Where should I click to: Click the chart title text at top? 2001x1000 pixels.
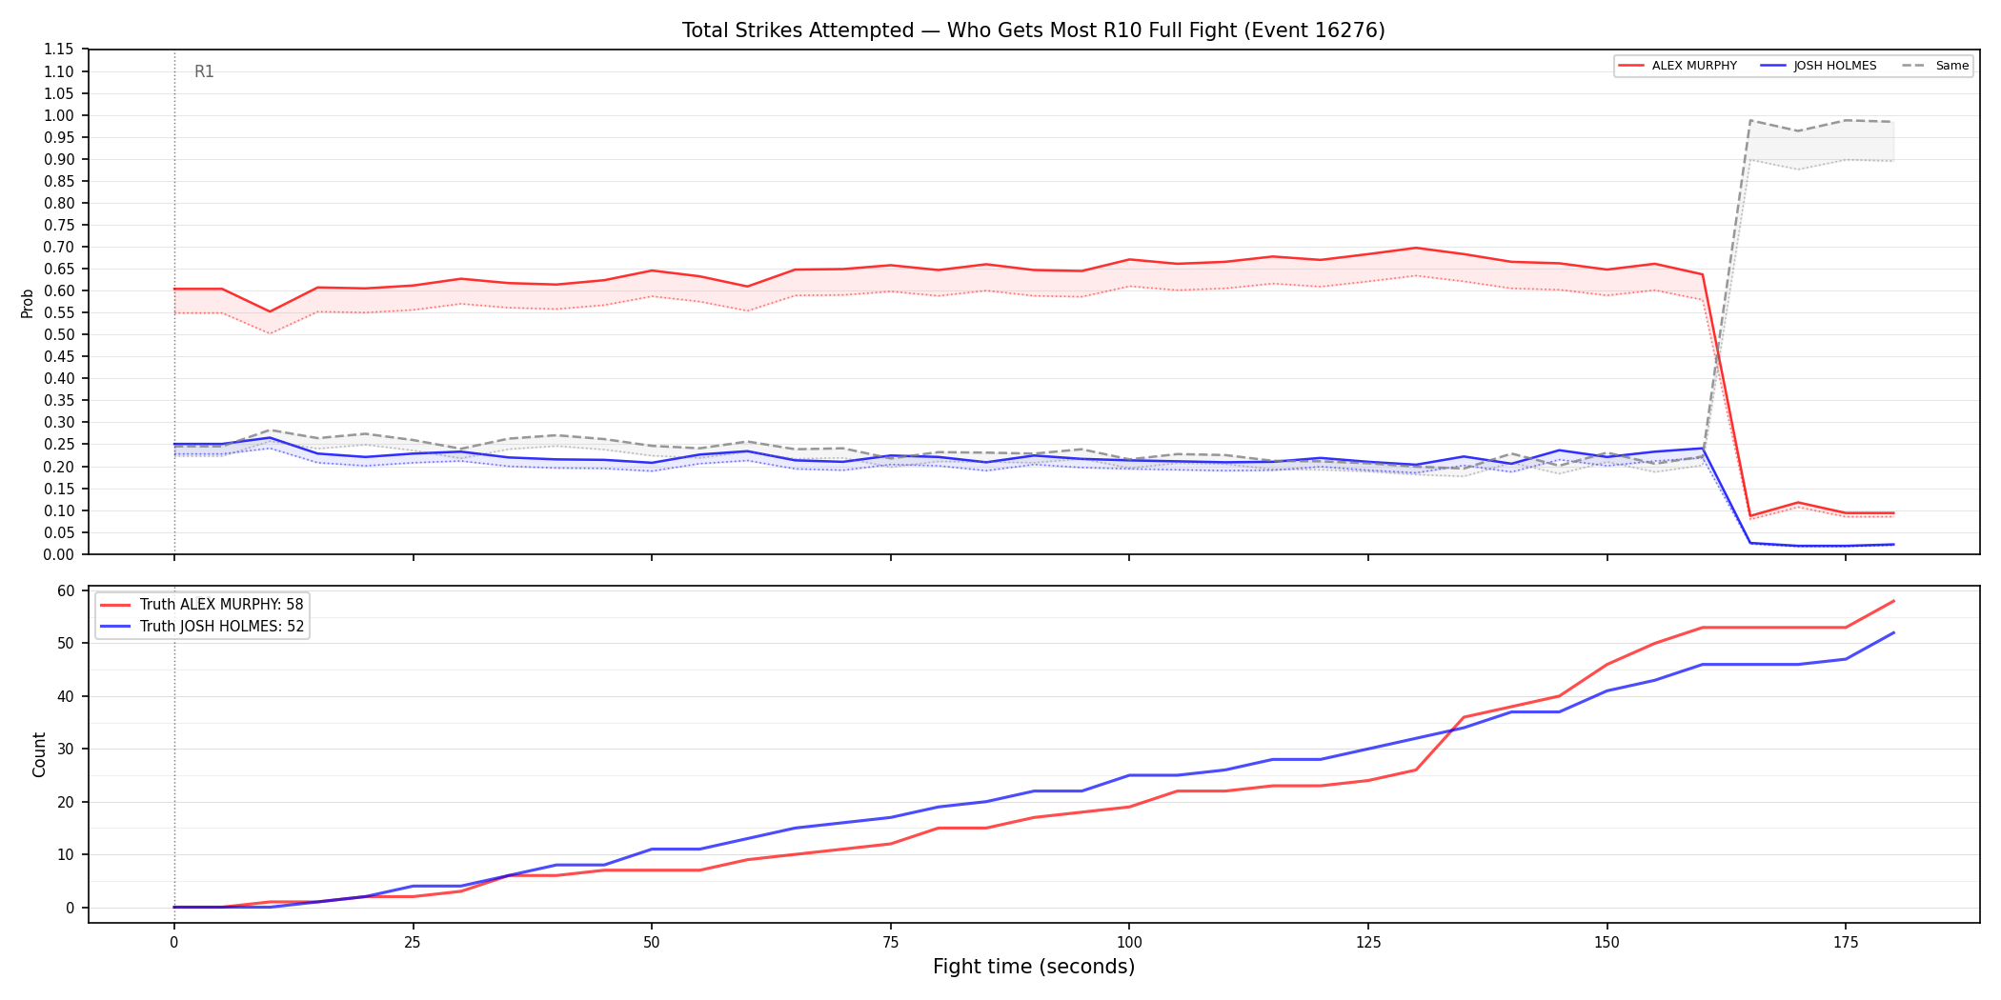coord(1033,30)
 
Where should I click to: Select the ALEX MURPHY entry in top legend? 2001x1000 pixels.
coord(1678,66)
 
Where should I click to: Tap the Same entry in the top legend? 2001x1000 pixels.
coord(1935,66)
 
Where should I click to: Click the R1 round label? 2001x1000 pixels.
coord(204,71)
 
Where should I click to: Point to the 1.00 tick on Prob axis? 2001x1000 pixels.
coord(59,115)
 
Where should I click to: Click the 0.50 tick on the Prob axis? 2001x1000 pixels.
coord(59,334)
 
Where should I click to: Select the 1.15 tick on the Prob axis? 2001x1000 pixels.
coord(59,50)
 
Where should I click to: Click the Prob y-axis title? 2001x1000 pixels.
coord(28,303)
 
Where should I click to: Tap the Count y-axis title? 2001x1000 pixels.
coord(39,754)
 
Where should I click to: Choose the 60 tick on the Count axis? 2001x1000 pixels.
coord(66,590)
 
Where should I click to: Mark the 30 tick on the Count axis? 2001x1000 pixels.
coord(66,749)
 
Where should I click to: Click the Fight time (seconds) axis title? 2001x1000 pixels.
coord(1034,967)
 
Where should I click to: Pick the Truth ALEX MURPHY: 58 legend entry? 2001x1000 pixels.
coord(202,605)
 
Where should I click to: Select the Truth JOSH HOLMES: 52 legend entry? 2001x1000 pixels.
coord(202,627)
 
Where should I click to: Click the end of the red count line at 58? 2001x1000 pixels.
coord(1893,601)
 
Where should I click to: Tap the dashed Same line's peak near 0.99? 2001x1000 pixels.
coord(1750,120)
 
